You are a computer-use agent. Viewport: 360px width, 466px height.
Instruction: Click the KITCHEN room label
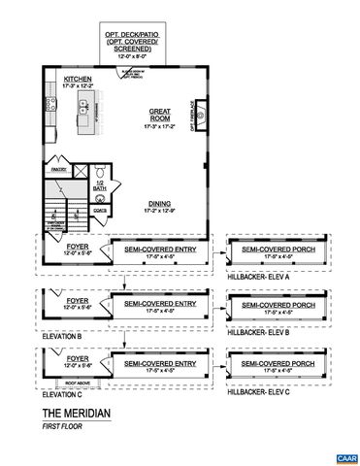(79, 80)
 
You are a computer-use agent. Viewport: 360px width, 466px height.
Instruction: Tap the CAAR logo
(342, 456)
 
